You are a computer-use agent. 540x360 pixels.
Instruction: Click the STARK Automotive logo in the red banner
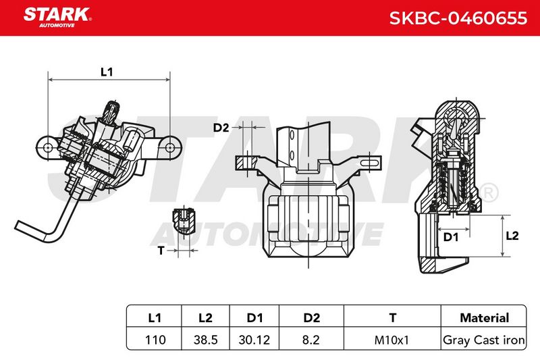[x=57, y=18]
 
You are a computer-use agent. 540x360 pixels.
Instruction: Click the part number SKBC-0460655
[x=458, y=18]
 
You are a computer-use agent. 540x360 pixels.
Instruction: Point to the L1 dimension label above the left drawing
[x=107, y=72]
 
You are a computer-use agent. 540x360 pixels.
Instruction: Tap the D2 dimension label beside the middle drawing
[x=221, y=128]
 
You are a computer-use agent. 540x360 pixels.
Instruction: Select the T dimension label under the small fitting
[x=161, y=251]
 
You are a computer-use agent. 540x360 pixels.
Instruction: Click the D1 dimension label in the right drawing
[x=451, y=237]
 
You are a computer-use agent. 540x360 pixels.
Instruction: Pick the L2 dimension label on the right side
[x=512, y=236]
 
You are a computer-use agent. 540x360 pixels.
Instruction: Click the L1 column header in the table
[x=155, y=317]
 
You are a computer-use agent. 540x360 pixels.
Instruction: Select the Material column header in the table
[x=484, y=317]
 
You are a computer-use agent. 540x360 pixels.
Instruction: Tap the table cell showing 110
[x=155, y=340]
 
